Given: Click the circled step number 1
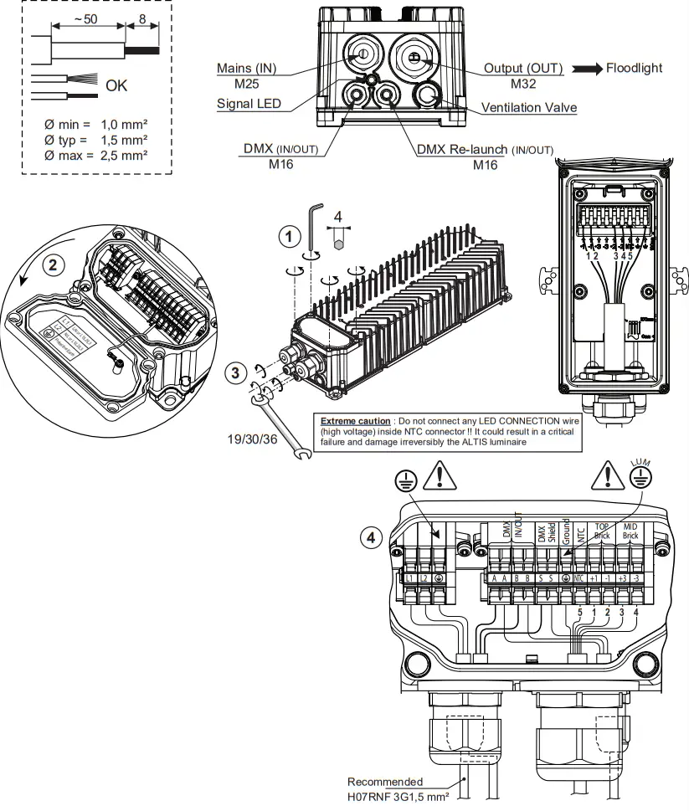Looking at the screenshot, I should click(289, 238).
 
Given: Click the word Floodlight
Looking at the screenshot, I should click(633, 68).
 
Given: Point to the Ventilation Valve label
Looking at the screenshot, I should click(528, 108).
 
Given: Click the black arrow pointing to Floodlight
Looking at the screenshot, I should click(584, 68).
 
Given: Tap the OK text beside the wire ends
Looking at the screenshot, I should click(117, 86).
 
